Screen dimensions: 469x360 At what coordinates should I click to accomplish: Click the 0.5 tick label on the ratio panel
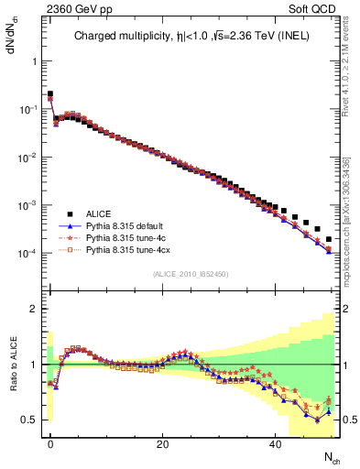28,420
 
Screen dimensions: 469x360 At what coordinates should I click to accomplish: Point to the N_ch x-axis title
333,458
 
